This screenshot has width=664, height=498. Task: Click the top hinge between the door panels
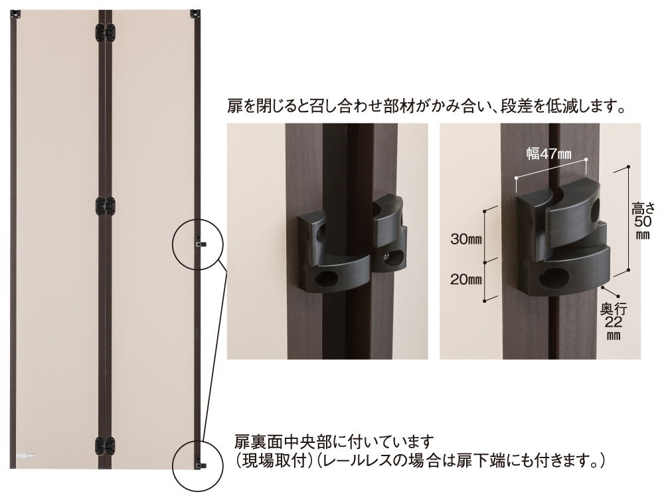[x=105, y=33]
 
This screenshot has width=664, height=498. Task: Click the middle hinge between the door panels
[x=105, y=207]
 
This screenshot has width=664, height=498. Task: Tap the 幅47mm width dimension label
[x=549, y=153]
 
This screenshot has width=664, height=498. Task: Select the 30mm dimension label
[x=466, y=239]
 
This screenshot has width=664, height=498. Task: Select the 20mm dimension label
[x=466, y=280]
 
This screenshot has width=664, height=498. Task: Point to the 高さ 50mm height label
[x=643, y=221]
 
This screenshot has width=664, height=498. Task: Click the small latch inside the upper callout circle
[x=200, y=242]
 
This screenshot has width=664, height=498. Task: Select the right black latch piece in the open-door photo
[x=388, y=236]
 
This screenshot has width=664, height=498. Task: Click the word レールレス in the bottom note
[x=355, y=460]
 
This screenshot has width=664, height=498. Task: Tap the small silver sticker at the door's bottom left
[x=25, y=456]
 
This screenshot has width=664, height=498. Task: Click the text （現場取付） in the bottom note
[x=271, y=460]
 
